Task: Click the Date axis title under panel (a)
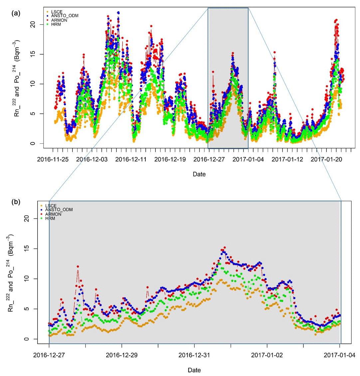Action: (x=199, y=174)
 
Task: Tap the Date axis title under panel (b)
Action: (x=194, y=370)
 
